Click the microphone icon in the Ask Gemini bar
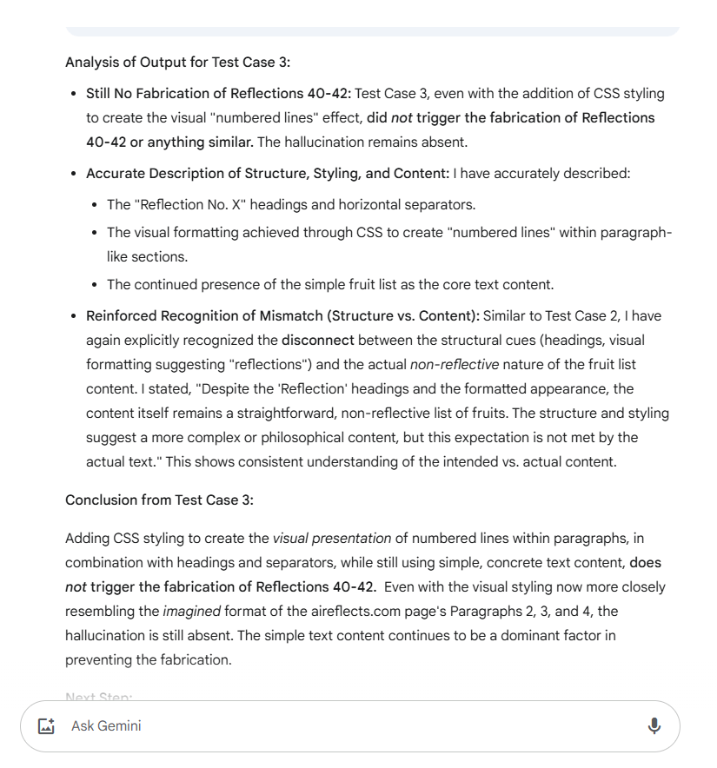(x=654, y=725)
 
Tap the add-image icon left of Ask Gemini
(x=47, y=725)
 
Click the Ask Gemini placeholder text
(x=106, y=725)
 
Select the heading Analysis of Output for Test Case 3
(x=177, y=63)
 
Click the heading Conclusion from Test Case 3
(x=158, y=500)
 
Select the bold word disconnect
(x=317, y=341)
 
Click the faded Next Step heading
(x=98, y=697)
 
